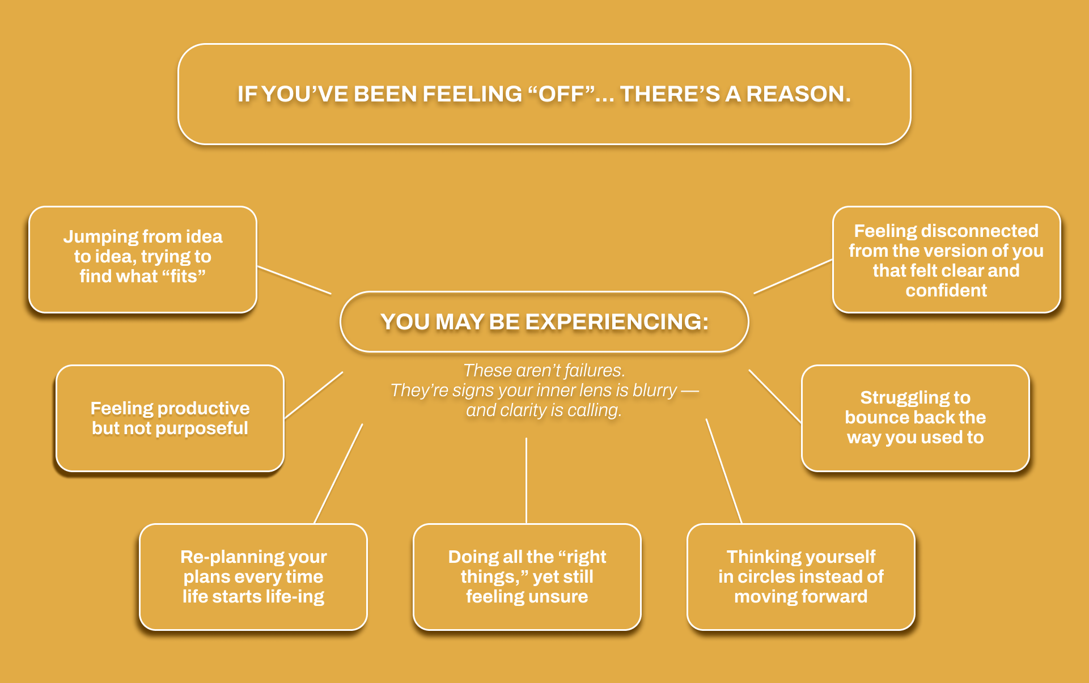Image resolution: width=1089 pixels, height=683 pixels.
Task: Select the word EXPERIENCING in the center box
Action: tap(617, 322)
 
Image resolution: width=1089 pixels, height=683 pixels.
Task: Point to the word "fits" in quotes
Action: tap(184, 276)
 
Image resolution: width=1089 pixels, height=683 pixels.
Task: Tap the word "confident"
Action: tap(946, 290)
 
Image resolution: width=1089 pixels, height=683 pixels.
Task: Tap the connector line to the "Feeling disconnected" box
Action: tap(793, 277)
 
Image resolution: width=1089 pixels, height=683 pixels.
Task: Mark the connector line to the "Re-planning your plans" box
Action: tap(338, 473)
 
